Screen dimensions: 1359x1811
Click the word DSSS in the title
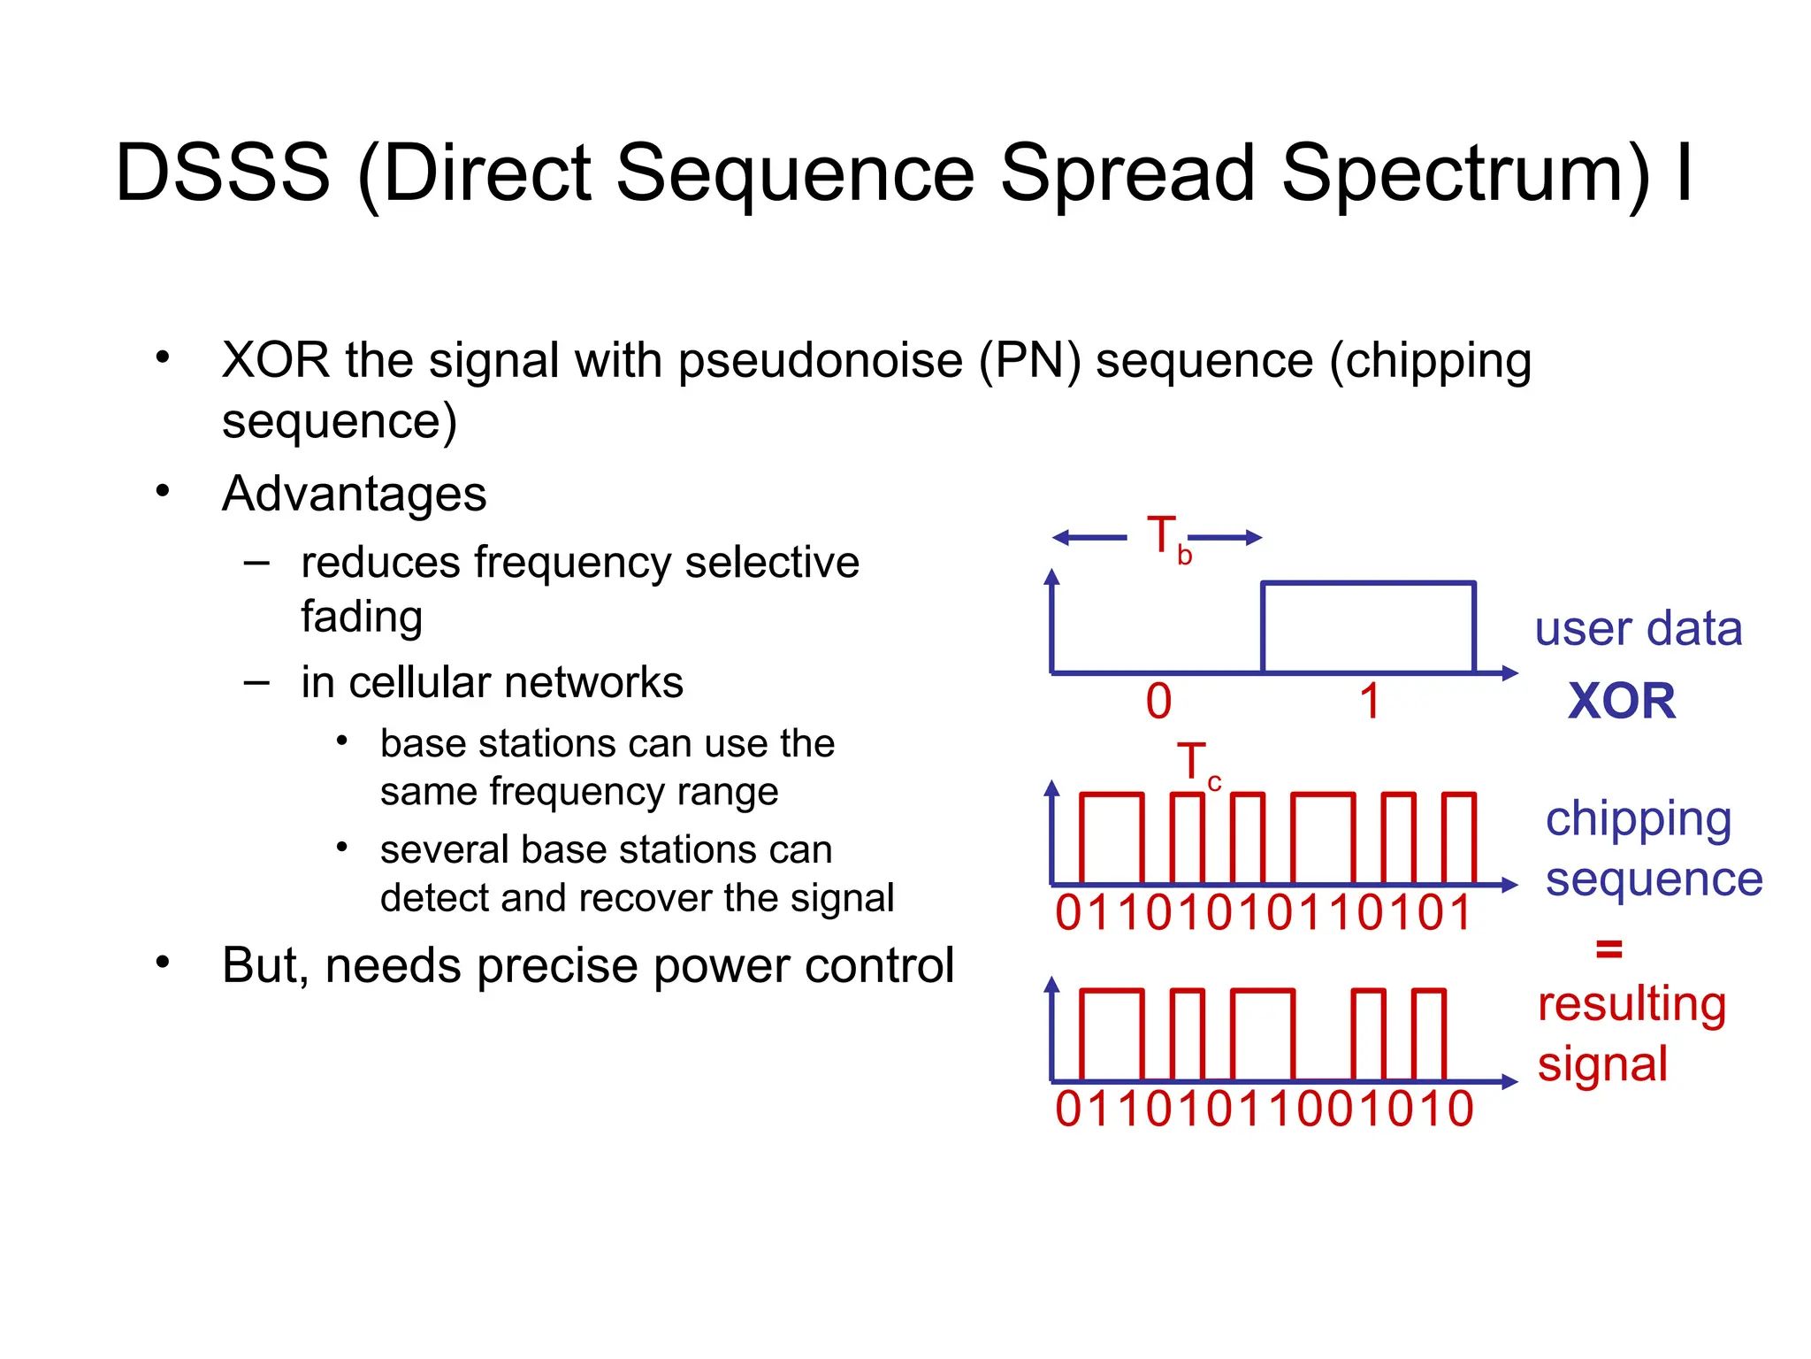point(223,173)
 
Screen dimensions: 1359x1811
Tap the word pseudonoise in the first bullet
point(820,361)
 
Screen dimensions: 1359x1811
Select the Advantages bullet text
point(354,494)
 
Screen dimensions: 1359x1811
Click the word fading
point(362,616)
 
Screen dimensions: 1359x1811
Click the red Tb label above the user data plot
point(1166,538)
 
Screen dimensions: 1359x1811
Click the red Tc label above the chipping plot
point(1196,764)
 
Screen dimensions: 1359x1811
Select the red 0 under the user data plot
point(1158,702)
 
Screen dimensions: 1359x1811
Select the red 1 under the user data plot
point(1369,702)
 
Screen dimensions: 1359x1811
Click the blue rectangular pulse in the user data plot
point(1368,626)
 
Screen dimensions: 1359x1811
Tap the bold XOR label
point(1621,702)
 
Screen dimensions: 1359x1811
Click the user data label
point(1638,629)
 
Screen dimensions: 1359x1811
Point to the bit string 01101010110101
point(1263,913)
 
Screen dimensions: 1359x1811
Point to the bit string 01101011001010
point(1264,1109)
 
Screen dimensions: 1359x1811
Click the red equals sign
point(1609,949)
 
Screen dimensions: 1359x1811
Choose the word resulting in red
point(1631,1004)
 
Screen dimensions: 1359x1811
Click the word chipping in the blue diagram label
point(1638,819)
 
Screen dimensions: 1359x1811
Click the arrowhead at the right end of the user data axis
point(1510,673)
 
